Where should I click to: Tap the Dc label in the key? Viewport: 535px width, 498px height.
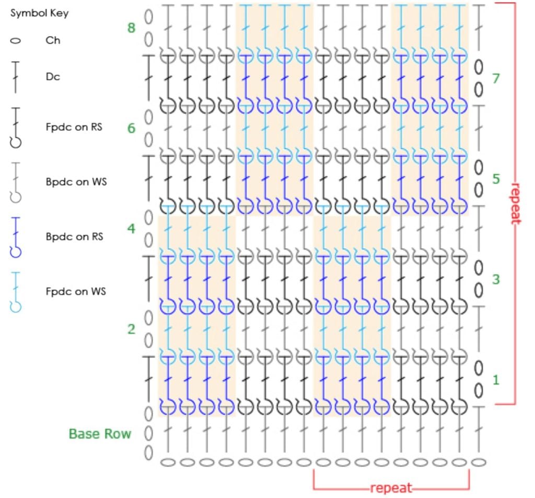(52, 76)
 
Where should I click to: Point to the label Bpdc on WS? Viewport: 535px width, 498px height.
(75, 182)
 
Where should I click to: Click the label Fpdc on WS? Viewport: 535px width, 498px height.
(75, 291)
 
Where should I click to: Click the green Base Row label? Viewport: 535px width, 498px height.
(100, 434)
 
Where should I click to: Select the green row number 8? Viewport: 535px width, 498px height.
(131, 28)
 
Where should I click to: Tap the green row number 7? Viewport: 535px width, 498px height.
(496, 78)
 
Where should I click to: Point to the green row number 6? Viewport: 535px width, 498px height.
(131, 128)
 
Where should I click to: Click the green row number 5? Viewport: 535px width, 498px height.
(496, 179)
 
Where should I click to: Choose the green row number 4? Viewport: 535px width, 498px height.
(131, 229)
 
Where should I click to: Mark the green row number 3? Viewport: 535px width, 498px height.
(496, 279)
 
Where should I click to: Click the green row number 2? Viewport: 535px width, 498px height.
(131, 329)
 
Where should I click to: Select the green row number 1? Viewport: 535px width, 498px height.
(496, 379)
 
